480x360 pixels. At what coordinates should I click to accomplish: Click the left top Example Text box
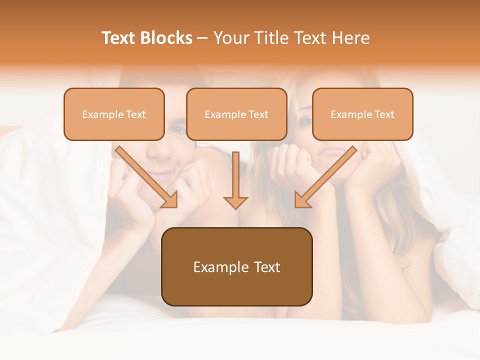(x=114, y=114)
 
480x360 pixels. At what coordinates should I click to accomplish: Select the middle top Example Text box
(x=236, y=114)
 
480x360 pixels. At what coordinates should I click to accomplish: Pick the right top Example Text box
(x=362, y=114)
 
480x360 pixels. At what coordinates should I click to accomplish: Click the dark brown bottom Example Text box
(x=236, y=267)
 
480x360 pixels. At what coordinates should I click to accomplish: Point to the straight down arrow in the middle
(x=235, y=180)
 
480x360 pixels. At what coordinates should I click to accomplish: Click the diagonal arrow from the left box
(x=146, y=176)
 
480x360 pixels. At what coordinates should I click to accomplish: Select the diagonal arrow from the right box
(x=326, y=176)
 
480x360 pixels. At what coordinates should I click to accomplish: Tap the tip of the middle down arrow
(x=235, y=207)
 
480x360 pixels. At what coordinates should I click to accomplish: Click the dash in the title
(x=202, y=38)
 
